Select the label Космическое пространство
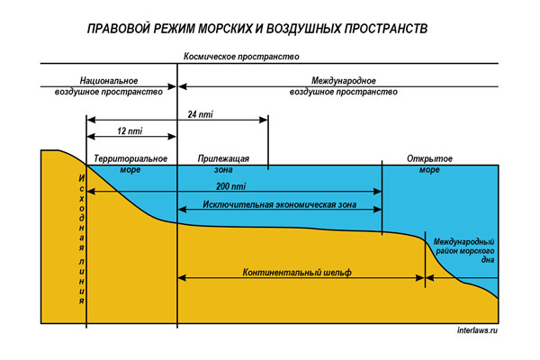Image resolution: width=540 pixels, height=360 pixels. (x=240, y=56)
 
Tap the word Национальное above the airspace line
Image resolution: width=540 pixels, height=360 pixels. (x=108, y=80)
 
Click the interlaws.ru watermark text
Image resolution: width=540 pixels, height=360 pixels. (x=477, y=330)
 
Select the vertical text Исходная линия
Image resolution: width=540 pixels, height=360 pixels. (x=82, y=234)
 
